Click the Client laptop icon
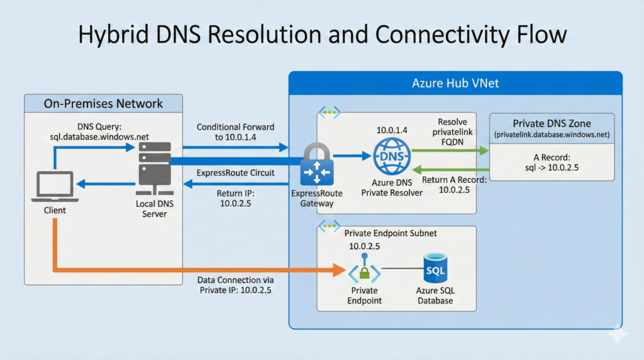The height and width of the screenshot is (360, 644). (x=55, y=187)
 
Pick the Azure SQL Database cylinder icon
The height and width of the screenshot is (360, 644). (x=435, y=271)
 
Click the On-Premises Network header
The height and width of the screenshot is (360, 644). (x=103, y=104)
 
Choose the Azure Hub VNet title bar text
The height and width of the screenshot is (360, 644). (x=455, y=83)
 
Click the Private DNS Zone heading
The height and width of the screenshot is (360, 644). (x=552, y=123)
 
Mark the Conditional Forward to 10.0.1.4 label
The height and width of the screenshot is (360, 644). (x=235, y=132)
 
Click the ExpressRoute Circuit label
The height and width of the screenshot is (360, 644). (x=235, y=172)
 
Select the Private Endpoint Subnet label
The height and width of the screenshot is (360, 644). (x=391, y=233)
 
